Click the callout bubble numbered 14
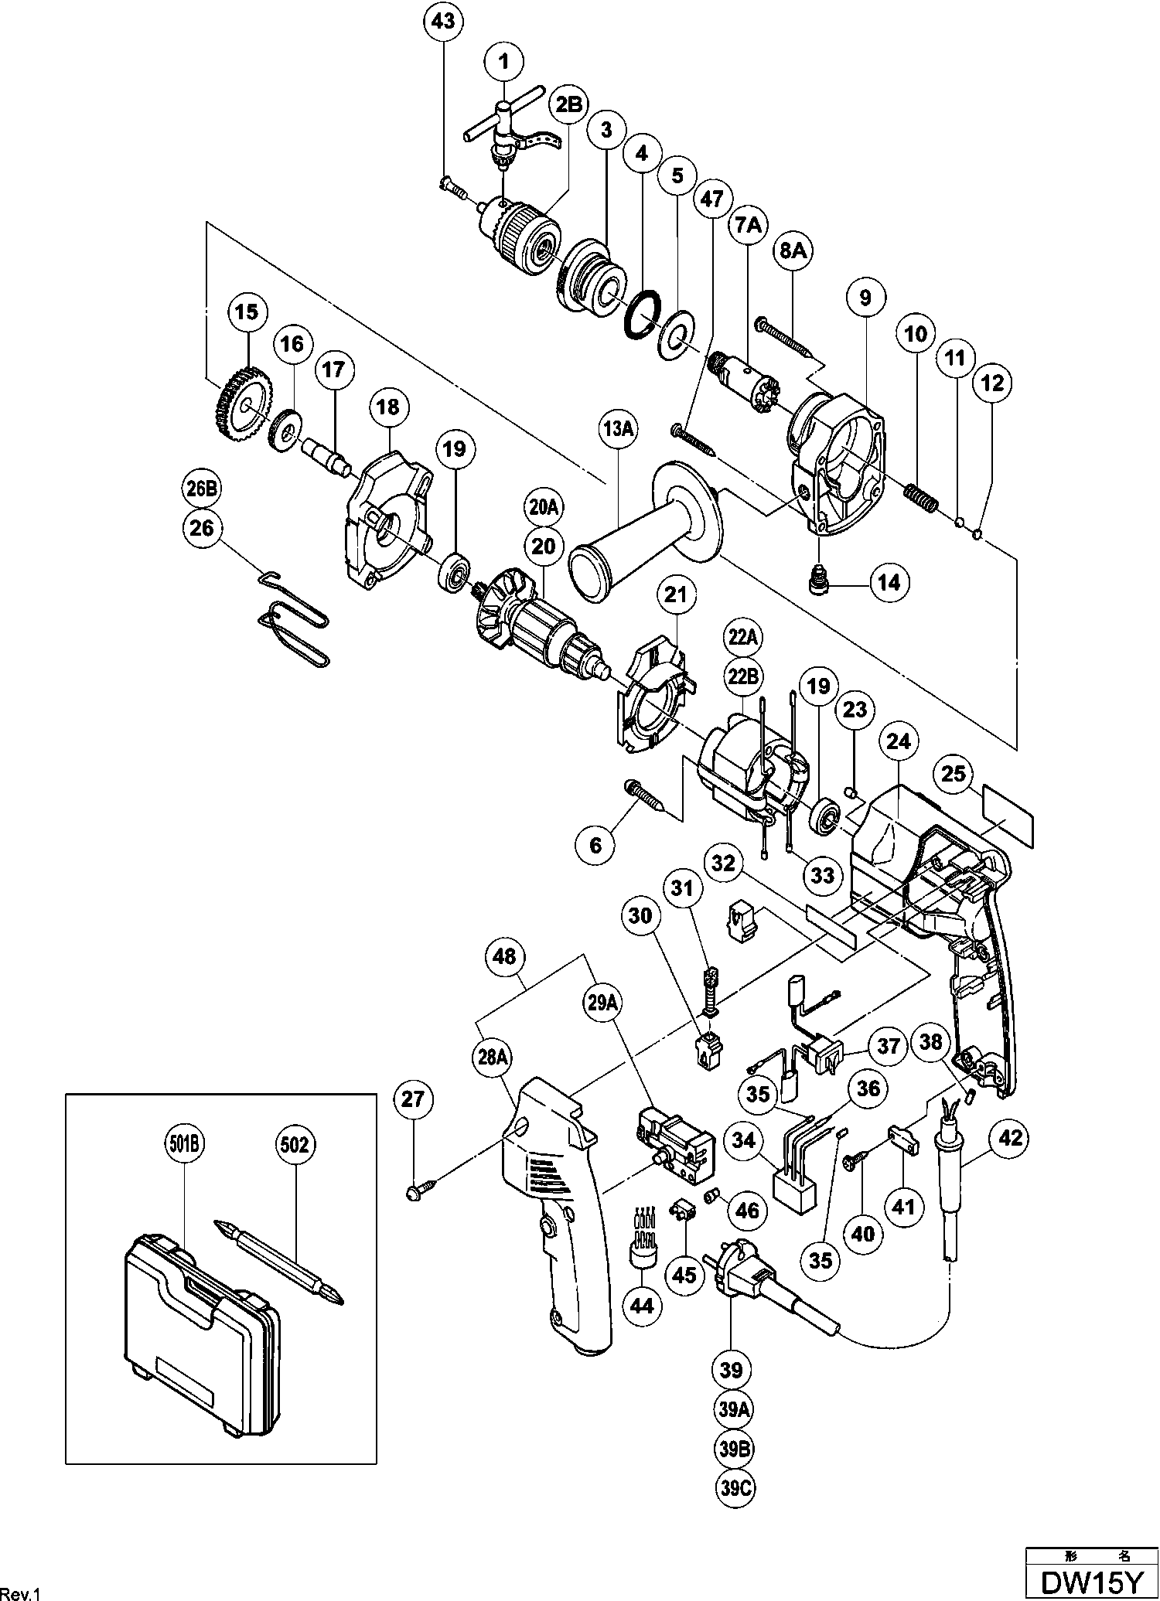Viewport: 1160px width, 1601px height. (x=889, y=581)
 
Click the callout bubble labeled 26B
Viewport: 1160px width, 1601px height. (x=201, y=489)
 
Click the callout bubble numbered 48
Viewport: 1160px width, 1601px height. (x=504, y=956)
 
